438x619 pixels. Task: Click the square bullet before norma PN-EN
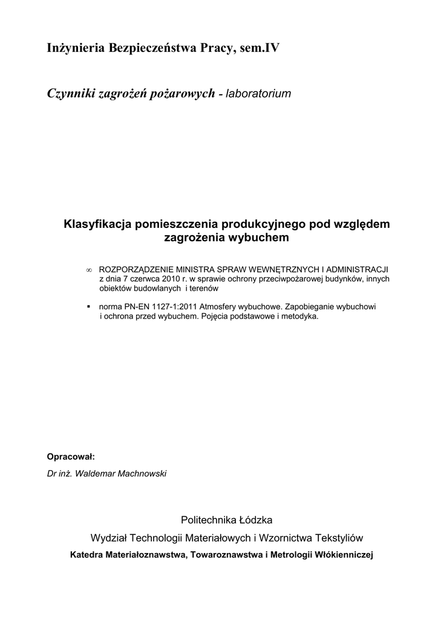click(x=89, y=306)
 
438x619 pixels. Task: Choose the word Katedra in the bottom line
click(x=87, y=554)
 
